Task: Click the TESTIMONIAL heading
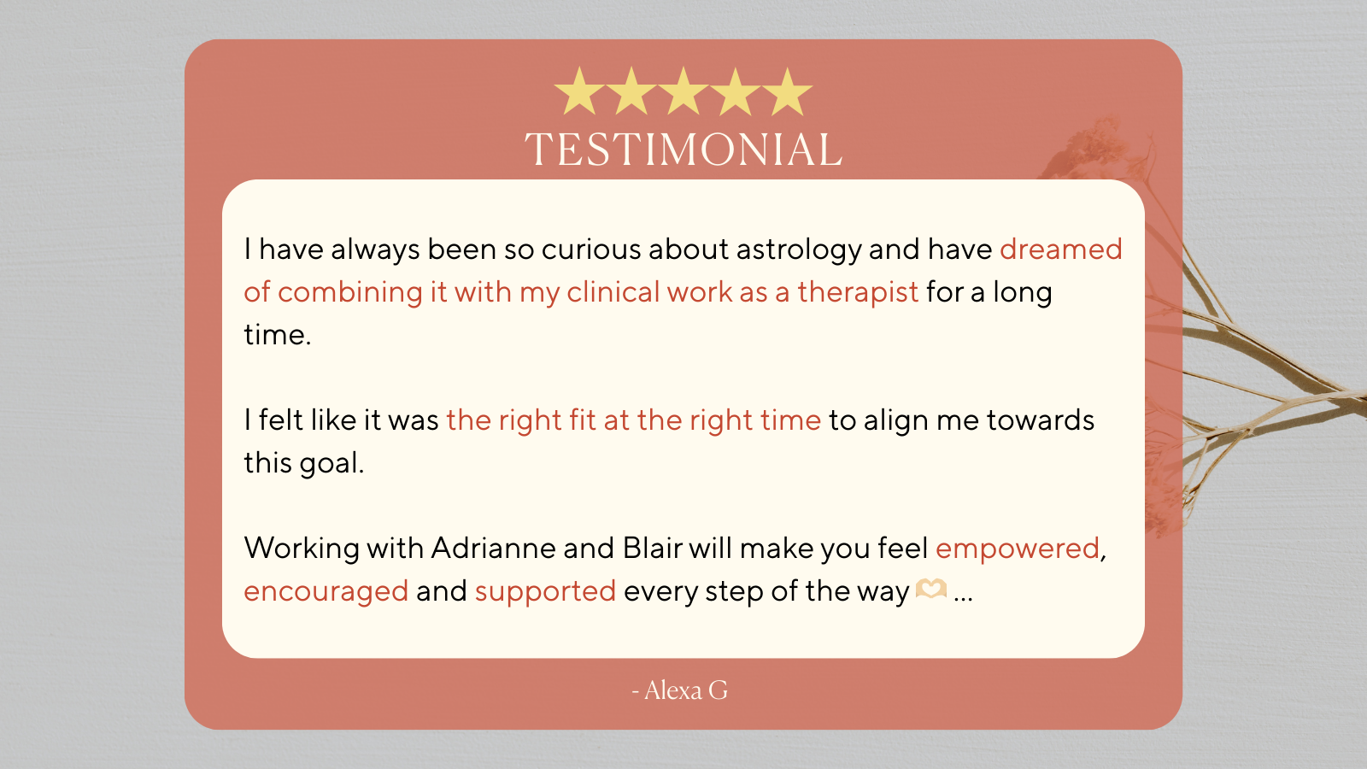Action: click(x=683, y=150)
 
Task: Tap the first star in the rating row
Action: click(x=579, y=92)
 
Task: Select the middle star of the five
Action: click(x=683, y=92)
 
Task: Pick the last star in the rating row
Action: click(x=787, y=92)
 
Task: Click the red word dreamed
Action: click(x=1060, y=249)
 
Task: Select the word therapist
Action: click(x=858, y=292)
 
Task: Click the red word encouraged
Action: click(x=326, y=592)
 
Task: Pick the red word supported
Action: click(x=545, y=592)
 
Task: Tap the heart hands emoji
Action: click(x=930, y=590)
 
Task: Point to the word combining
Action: click(x=350, y=293)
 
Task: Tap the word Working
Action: click(x=301, y=549)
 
